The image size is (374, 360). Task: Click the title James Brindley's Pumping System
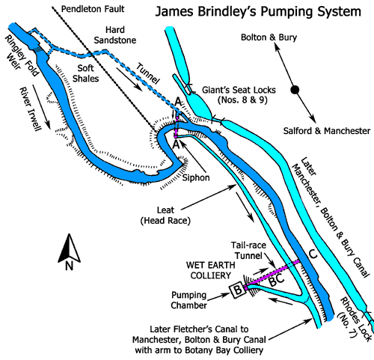click(258, 12)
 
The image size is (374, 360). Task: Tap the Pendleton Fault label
click(93, 9)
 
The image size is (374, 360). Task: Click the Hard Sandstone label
click(115, 35)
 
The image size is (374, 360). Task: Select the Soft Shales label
click(85, 73)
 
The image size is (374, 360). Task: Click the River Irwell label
click(30, 109)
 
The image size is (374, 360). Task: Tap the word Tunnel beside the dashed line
click(147, 73)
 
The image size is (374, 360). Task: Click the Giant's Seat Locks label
click(239, 95)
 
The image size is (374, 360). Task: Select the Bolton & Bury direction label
click(269, 37)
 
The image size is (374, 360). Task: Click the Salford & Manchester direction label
click(327, 131)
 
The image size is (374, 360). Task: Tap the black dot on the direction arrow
click(295, 89)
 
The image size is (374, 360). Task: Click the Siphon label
click(196, 178)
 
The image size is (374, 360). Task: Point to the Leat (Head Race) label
click(165, 216)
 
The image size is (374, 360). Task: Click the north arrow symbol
click(69, 252)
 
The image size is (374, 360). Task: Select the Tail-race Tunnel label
click(248, 251)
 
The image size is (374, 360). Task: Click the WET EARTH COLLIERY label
click(211, 270)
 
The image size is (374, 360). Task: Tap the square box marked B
click(238, 290)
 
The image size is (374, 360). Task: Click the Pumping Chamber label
click(188, 300)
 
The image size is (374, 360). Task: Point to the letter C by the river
click(313, 254)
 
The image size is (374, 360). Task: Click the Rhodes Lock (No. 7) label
click(355, 318)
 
